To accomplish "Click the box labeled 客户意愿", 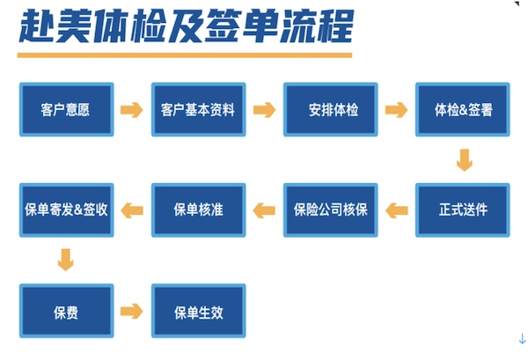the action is tap(67, 109).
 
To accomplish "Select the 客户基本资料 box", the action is tap(199, 109).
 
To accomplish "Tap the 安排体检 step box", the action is tap(331, 109).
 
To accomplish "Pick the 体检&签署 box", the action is tap(463, 109).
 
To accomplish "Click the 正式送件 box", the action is tap(463, 210).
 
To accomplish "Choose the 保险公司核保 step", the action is tap(331, 210).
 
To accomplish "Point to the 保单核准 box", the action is tap(199, 210).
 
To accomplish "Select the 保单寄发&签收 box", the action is tap(67, 210).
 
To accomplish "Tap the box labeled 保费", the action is tap(67, 311).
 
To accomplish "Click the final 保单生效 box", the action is tap(199, 311).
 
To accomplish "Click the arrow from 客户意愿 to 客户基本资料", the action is tap(132, 110).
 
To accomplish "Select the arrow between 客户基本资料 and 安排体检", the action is tap(264, 110).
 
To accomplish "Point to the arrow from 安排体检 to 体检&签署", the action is tap(396, 110).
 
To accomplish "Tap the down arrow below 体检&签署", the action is tap(465, 160).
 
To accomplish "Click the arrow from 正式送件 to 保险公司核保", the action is tap(397, 210).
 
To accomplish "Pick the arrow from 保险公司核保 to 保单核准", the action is tap(264, 210).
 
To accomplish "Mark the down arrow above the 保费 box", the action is tap(66, 260).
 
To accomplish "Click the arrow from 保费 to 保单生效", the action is tap(132, 311).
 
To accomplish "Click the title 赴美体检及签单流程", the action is tap(187, 26).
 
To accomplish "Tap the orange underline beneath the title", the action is tap(185, 55).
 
